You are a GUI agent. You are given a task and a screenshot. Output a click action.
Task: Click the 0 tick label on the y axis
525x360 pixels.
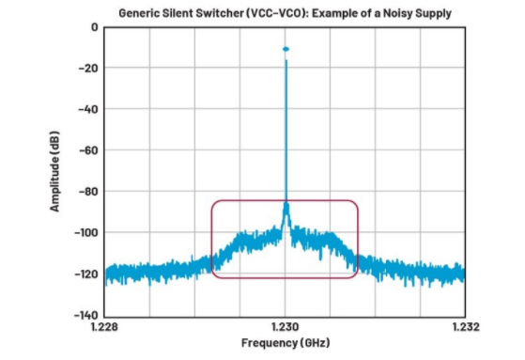(93, 26)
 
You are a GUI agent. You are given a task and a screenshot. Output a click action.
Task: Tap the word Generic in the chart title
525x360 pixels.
(142, 12)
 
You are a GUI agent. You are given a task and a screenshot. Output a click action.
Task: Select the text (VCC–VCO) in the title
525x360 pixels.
(272, 12)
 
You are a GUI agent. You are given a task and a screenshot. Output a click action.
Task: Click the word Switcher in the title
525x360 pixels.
(218, 12)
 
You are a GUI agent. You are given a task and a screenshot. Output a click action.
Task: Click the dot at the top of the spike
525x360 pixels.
(286, 49)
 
